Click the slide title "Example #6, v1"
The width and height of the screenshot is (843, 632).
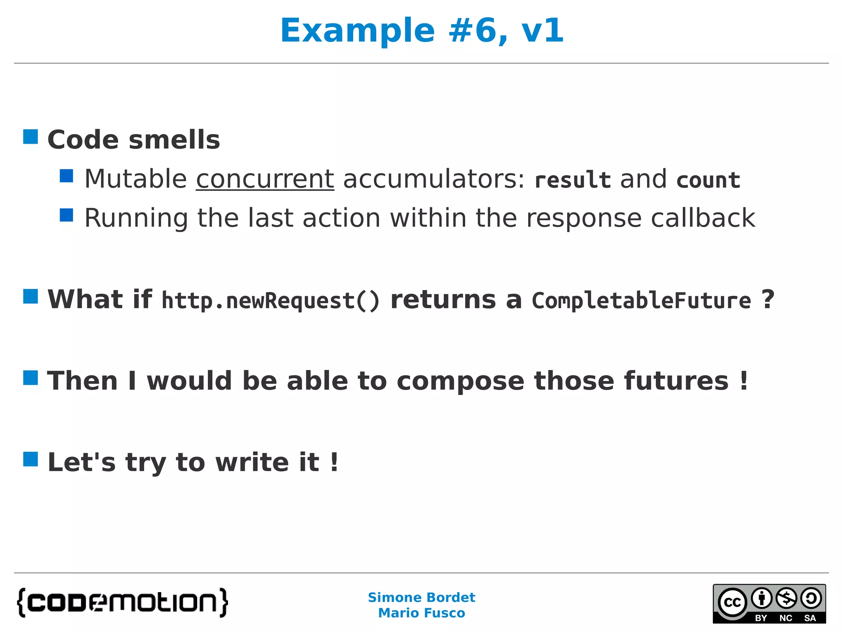pyautogui.click(x=421, y=30)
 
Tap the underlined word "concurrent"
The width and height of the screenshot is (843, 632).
pyautogui.click(x=265, y=179)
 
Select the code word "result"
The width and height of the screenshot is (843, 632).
pyautogui.click(x=572, y=180)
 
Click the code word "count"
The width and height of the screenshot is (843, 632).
pyautogui.click(x=708, y=180)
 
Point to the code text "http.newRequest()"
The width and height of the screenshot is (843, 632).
pyautogui.click(x=270, y=300)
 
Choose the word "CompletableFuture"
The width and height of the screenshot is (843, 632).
pyautogui.click(x=641, y=300)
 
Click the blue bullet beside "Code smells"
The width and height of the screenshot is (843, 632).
pyautogui.click(x=30, y=137)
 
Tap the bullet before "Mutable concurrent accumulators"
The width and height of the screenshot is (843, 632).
pyautogui.click(x=66, y=176)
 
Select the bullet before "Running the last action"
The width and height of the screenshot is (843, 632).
pyautogui.click(x=66, y=215)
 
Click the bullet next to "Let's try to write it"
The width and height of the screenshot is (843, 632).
pyautogui.click(x=30, y=459)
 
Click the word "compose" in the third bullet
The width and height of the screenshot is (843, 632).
pyautogui.click(x=460, y=381)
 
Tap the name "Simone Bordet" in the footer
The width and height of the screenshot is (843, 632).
pyautogui.click(x=421, y=597)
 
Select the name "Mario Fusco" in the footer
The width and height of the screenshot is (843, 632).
pyautogui.click(x=421, y=613)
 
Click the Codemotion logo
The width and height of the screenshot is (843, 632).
pyautogui.click(x=122, y=603)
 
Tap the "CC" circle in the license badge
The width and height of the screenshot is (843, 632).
pyautogui.click(x=732, y=602)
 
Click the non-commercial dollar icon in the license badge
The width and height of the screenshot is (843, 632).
pyautogui.click(x=786, y=598)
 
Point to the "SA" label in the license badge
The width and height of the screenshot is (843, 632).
pyautogui.click(x=810, y=618)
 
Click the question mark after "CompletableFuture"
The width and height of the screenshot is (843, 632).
pyautogui.click(x=767, y=300)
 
